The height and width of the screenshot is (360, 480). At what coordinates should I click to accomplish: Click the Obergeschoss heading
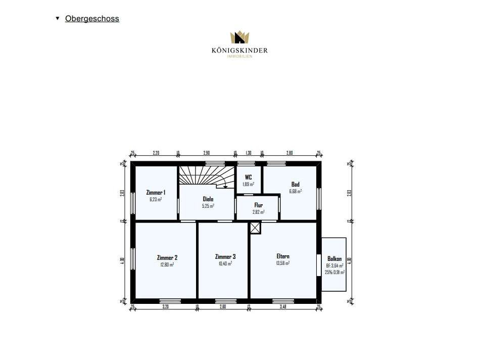click(x=92, y=19)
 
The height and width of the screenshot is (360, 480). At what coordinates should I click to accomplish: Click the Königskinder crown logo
click(x=240, y=38)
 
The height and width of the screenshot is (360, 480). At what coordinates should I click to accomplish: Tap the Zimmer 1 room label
click(x=156, y=193)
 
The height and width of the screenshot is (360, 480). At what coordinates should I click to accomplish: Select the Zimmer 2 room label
click(x=167, y=257)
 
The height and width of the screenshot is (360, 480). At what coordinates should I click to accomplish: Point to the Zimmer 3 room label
click(x=225, y=256)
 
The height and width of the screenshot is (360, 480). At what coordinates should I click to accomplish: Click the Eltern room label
click(x=283, y=256)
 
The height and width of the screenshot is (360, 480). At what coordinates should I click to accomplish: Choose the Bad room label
click(x=296, y=184)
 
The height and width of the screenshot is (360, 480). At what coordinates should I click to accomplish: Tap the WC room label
click(x=248, y=177)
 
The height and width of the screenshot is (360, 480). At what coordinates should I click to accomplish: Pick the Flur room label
click(x=258, y=205)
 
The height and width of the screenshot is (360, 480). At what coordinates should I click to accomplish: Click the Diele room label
click(x=208, y=199)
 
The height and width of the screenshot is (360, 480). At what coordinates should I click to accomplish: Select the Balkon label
click(x=334, y=258)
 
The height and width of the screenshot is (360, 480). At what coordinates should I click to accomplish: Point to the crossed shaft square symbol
click(x=255, y=229)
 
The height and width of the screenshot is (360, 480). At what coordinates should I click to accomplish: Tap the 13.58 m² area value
click(x=283, y=263)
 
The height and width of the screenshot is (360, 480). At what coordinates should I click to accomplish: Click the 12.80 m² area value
click(x=167, y=264)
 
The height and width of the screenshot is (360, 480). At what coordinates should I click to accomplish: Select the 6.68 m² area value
click(x=296, y=191)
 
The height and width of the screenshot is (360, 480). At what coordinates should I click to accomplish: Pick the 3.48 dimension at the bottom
click(x=283, y=306)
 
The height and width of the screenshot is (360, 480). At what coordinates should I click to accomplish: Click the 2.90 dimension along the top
click(x=207, y=152)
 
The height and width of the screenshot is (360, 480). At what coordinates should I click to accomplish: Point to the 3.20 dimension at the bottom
click(x=165, y=306)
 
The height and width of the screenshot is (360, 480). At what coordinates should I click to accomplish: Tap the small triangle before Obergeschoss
click(x=58, y=19)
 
